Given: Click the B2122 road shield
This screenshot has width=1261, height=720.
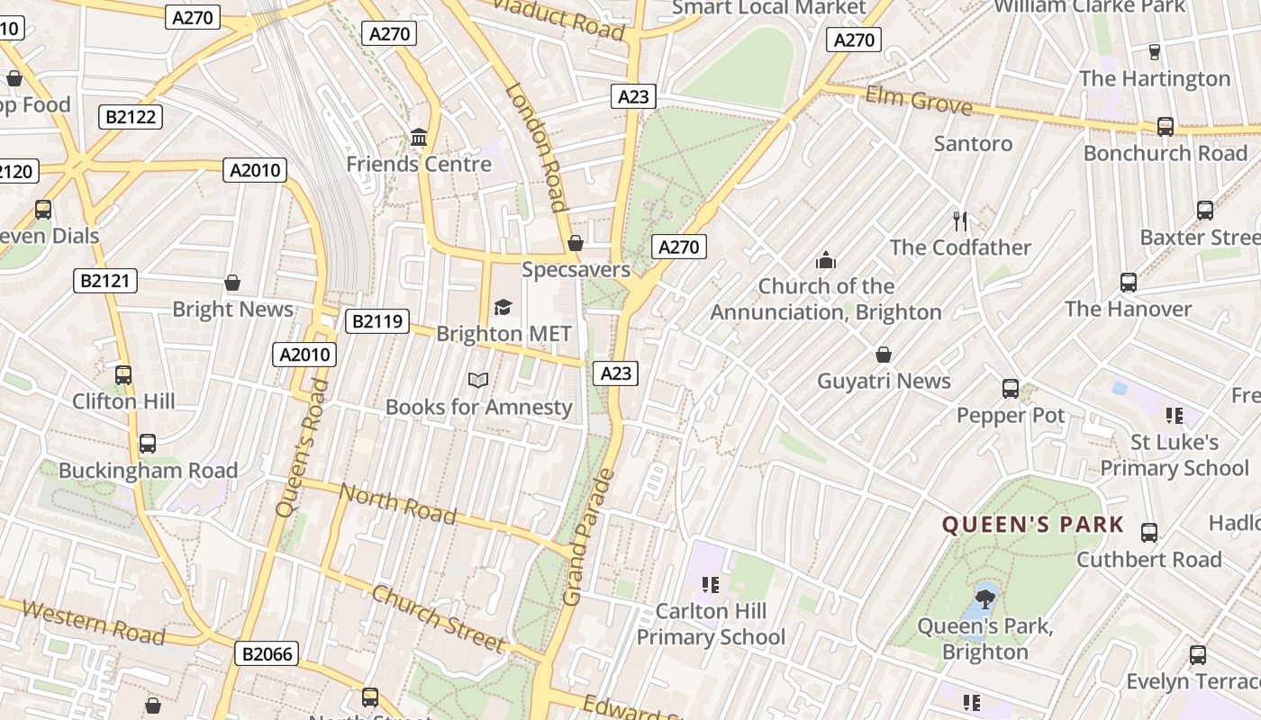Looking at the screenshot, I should point(131,116).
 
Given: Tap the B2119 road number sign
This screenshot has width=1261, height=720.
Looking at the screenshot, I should point(376,321).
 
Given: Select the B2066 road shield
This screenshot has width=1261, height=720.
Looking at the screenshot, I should point(268,653).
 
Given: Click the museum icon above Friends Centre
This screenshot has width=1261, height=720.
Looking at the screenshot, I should point(419,139).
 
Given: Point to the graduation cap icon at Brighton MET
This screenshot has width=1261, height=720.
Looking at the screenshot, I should point(503,308).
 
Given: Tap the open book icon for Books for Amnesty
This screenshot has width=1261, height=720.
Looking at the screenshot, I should point(478,381).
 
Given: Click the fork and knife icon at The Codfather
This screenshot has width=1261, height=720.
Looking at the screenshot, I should point(960,220).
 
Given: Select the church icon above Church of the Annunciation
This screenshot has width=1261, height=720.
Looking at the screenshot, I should point(825,261).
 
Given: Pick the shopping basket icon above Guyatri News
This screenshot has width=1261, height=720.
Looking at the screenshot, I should point(884,355).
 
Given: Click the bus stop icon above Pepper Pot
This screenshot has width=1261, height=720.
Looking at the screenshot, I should point(1011,389).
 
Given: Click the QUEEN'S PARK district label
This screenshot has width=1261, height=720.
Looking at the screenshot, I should point(1033,525).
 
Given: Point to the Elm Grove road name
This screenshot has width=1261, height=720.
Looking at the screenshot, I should point(919,101).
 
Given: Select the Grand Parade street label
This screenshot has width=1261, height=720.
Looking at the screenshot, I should point(587,537).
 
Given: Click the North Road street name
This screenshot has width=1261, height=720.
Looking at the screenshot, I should point(398,503).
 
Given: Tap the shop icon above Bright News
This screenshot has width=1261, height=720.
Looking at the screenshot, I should point(232,283).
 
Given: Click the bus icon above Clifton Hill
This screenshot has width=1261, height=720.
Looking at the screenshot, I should point(123,375).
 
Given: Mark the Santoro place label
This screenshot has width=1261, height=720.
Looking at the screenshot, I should point(973,143).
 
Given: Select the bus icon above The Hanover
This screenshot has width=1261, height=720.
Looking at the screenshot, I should point(1129,283).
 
